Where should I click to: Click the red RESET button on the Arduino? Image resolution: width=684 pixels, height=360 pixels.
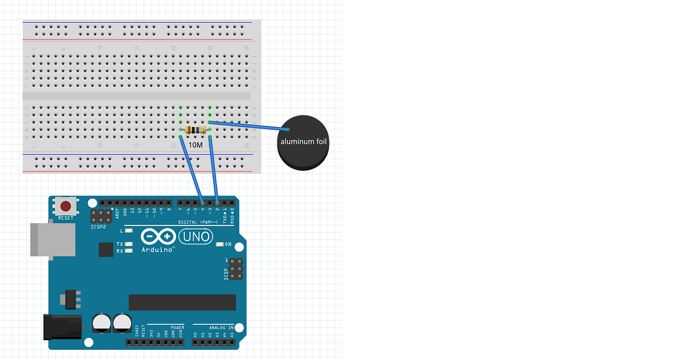66,206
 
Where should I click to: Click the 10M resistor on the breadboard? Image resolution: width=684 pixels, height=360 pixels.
195,130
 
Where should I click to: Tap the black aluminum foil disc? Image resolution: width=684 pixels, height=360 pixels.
303,142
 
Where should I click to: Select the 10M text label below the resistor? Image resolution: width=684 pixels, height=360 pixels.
195,145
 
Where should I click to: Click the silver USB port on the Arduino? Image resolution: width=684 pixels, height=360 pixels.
52,239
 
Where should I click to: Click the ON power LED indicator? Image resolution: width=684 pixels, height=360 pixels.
220,244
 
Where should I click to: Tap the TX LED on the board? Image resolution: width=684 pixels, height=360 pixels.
129,244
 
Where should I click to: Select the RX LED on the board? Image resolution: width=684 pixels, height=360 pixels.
129,251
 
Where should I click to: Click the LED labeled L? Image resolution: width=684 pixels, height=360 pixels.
129,231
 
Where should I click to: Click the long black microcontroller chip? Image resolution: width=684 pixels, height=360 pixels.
182,302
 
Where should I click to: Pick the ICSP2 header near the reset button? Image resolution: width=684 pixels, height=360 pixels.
101,216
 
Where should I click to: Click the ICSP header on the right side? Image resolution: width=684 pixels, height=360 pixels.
236,268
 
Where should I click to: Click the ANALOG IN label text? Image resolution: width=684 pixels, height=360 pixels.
221,328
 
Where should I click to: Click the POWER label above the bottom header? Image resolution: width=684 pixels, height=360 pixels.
177,328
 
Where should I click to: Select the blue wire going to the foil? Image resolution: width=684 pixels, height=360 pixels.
251,126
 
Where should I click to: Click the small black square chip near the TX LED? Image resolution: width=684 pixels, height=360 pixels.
105,249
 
